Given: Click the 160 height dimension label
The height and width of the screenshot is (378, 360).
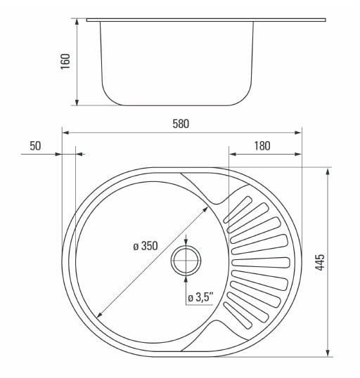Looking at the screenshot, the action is click(x=65, y=61).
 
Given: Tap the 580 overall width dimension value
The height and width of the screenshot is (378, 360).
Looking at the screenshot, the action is click(x=181, y=124).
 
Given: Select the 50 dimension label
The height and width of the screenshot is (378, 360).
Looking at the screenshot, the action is click(x=35, y=146).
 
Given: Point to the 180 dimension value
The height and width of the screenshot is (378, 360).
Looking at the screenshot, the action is click(x=262, y=146).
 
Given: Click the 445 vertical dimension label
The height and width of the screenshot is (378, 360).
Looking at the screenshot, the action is click(x=320, y=262).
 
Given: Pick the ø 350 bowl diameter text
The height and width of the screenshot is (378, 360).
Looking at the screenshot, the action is click(x=146, y=246).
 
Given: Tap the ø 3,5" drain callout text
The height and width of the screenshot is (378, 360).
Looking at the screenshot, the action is click(x=201, y=297).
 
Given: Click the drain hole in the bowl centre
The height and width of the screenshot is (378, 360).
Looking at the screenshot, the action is click(x=186, y=261).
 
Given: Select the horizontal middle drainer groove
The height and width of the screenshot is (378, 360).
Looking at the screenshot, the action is click(x=261, y=263).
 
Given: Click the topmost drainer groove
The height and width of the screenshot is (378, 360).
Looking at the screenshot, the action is click(x=238, y=209).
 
